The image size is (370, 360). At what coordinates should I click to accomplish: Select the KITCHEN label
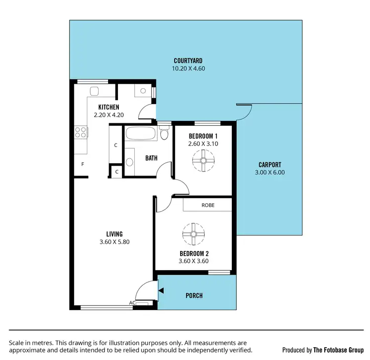(x=109, y=107)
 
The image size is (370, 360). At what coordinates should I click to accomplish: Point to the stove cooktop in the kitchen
(x=80, y=132)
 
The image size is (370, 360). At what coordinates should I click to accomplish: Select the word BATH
(x=151, y=158)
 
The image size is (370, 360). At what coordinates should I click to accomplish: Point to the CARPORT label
(x=270, y=165)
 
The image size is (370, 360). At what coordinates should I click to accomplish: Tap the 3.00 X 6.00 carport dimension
(x=270, y=173)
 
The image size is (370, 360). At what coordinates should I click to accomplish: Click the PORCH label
(x=194, y=296)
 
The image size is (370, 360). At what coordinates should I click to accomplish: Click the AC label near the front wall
(x=132, y=303)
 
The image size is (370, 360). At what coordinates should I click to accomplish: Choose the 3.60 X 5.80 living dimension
(x=114, y=242)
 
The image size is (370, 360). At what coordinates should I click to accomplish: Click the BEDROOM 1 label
(x=203, y=136)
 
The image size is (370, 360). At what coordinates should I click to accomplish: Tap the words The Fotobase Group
(x=339, y=350)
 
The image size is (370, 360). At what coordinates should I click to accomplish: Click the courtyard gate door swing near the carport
(x=245, y=112)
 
